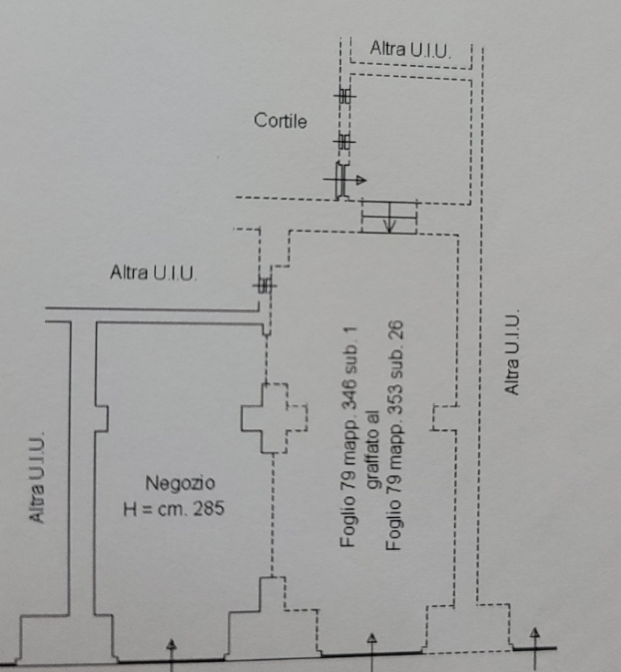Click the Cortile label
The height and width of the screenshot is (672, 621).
(x=281, y=121)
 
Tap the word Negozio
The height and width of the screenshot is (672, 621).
(x=180, y=483)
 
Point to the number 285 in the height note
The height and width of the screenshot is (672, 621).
(x=209, y=509)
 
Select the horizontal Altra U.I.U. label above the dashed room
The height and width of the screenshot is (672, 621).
(x=410, y=50)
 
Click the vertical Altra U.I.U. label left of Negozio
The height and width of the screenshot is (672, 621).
(x=37, y=476)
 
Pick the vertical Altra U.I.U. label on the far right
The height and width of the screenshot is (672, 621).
(x=512, y=351)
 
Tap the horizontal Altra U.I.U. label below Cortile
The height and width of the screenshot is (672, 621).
(x=153, y=272)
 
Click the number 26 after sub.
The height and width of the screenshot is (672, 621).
(x=394, y=331)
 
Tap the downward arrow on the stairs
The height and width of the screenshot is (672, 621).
(x=390, y=217)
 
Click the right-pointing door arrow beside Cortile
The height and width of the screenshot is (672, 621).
(x=345, y=180)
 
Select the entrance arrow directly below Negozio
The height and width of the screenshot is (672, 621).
(x=172, y=655)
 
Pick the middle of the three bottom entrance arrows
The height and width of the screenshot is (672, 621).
(x=371, y=652)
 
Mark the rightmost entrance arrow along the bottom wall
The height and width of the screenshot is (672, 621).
(x=535, y=648)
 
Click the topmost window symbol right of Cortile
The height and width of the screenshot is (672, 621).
(x=345, y=95)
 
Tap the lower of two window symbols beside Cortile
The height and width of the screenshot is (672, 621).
(x=345, y=140)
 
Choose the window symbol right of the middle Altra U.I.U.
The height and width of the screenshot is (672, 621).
(x=265, y=284)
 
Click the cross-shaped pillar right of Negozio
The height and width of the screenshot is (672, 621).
(x=274, y=418)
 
